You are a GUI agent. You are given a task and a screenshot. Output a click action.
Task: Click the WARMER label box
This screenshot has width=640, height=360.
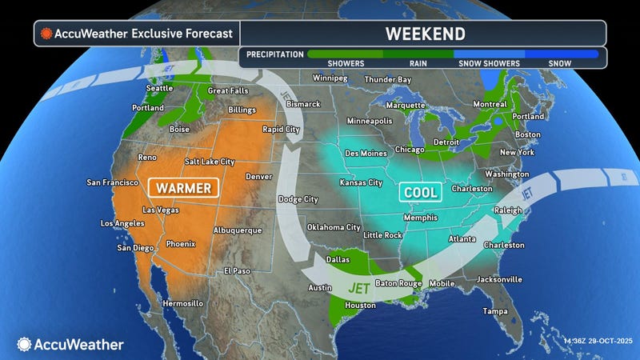tap(185, 188)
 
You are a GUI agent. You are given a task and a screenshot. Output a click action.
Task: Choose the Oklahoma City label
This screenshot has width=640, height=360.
tap(333, 226)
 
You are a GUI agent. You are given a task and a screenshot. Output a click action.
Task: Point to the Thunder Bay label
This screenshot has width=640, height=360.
tap(387, 79)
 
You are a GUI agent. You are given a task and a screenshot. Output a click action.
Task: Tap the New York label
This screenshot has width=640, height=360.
tap(517, 152)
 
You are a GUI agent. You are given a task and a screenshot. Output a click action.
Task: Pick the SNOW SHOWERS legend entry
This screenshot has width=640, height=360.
tap(488, 63)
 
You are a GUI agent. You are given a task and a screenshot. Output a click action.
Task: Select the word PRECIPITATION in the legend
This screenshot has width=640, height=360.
tap(275, 54)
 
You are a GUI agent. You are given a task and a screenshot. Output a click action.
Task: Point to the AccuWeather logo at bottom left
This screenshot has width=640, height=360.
tap(70, 344)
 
